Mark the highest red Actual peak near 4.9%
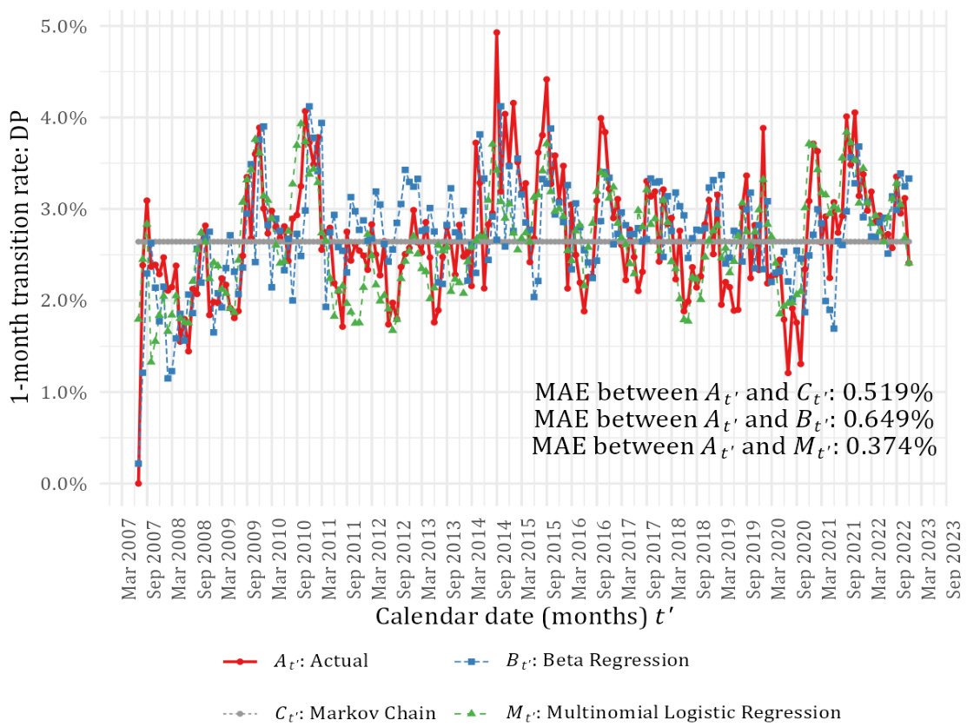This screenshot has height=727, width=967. point(496,32)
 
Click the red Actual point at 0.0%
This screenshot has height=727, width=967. point(138,483)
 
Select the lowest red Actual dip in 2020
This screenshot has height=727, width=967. point(788,373)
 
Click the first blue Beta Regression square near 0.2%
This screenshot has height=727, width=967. point(138,464)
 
